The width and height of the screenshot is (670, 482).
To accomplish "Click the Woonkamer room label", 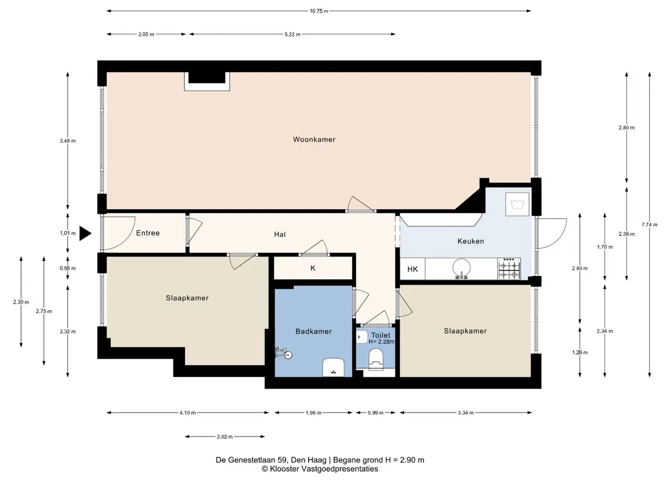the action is pos(314,140).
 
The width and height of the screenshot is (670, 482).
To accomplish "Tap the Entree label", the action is pos(148,233).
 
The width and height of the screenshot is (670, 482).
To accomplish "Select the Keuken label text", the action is pos(470,241).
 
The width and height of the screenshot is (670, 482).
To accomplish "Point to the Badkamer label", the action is pos(314,331).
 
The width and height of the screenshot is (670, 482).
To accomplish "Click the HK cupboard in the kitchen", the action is pos(413,269).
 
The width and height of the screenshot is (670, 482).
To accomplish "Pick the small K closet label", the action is pos(313,268).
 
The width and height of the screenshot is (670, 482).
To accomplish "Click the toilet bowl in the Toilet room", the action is pos(376,358).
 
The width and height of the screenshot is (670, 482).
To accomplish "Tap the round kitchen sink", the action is pos(462,268).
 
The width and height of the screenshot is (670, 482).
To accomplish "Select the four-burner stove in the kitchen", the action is pos(509,269).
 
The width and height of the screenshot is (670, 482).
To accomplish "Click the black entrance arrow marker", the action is pos(85,234).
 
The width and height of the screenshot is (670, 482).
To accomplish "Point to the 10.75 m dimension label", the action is pos(319,11).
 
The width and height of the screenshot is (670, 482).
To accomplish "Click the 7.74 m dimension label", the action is pos(650,225).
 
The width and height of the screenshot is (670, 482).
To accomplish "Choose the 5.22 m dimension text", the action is pos(292,34).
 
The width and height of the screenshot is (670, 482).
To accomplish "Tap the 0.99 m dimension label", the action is pos(376,413).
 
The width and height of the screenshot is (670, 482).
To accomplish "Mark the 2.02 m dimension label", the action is pos(225,437).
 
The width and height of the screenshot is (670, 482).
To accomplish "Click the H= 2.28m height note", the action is pos(382,342).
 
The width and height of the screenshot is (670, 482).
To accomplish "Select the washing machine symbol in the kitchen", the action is pos(517,204).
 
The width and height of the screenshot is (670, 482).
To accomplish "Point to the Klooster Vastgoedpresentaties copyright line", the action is pos(319,469).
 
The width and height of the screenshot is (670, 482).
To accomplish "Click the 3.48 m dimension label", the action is pos(67,141).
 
